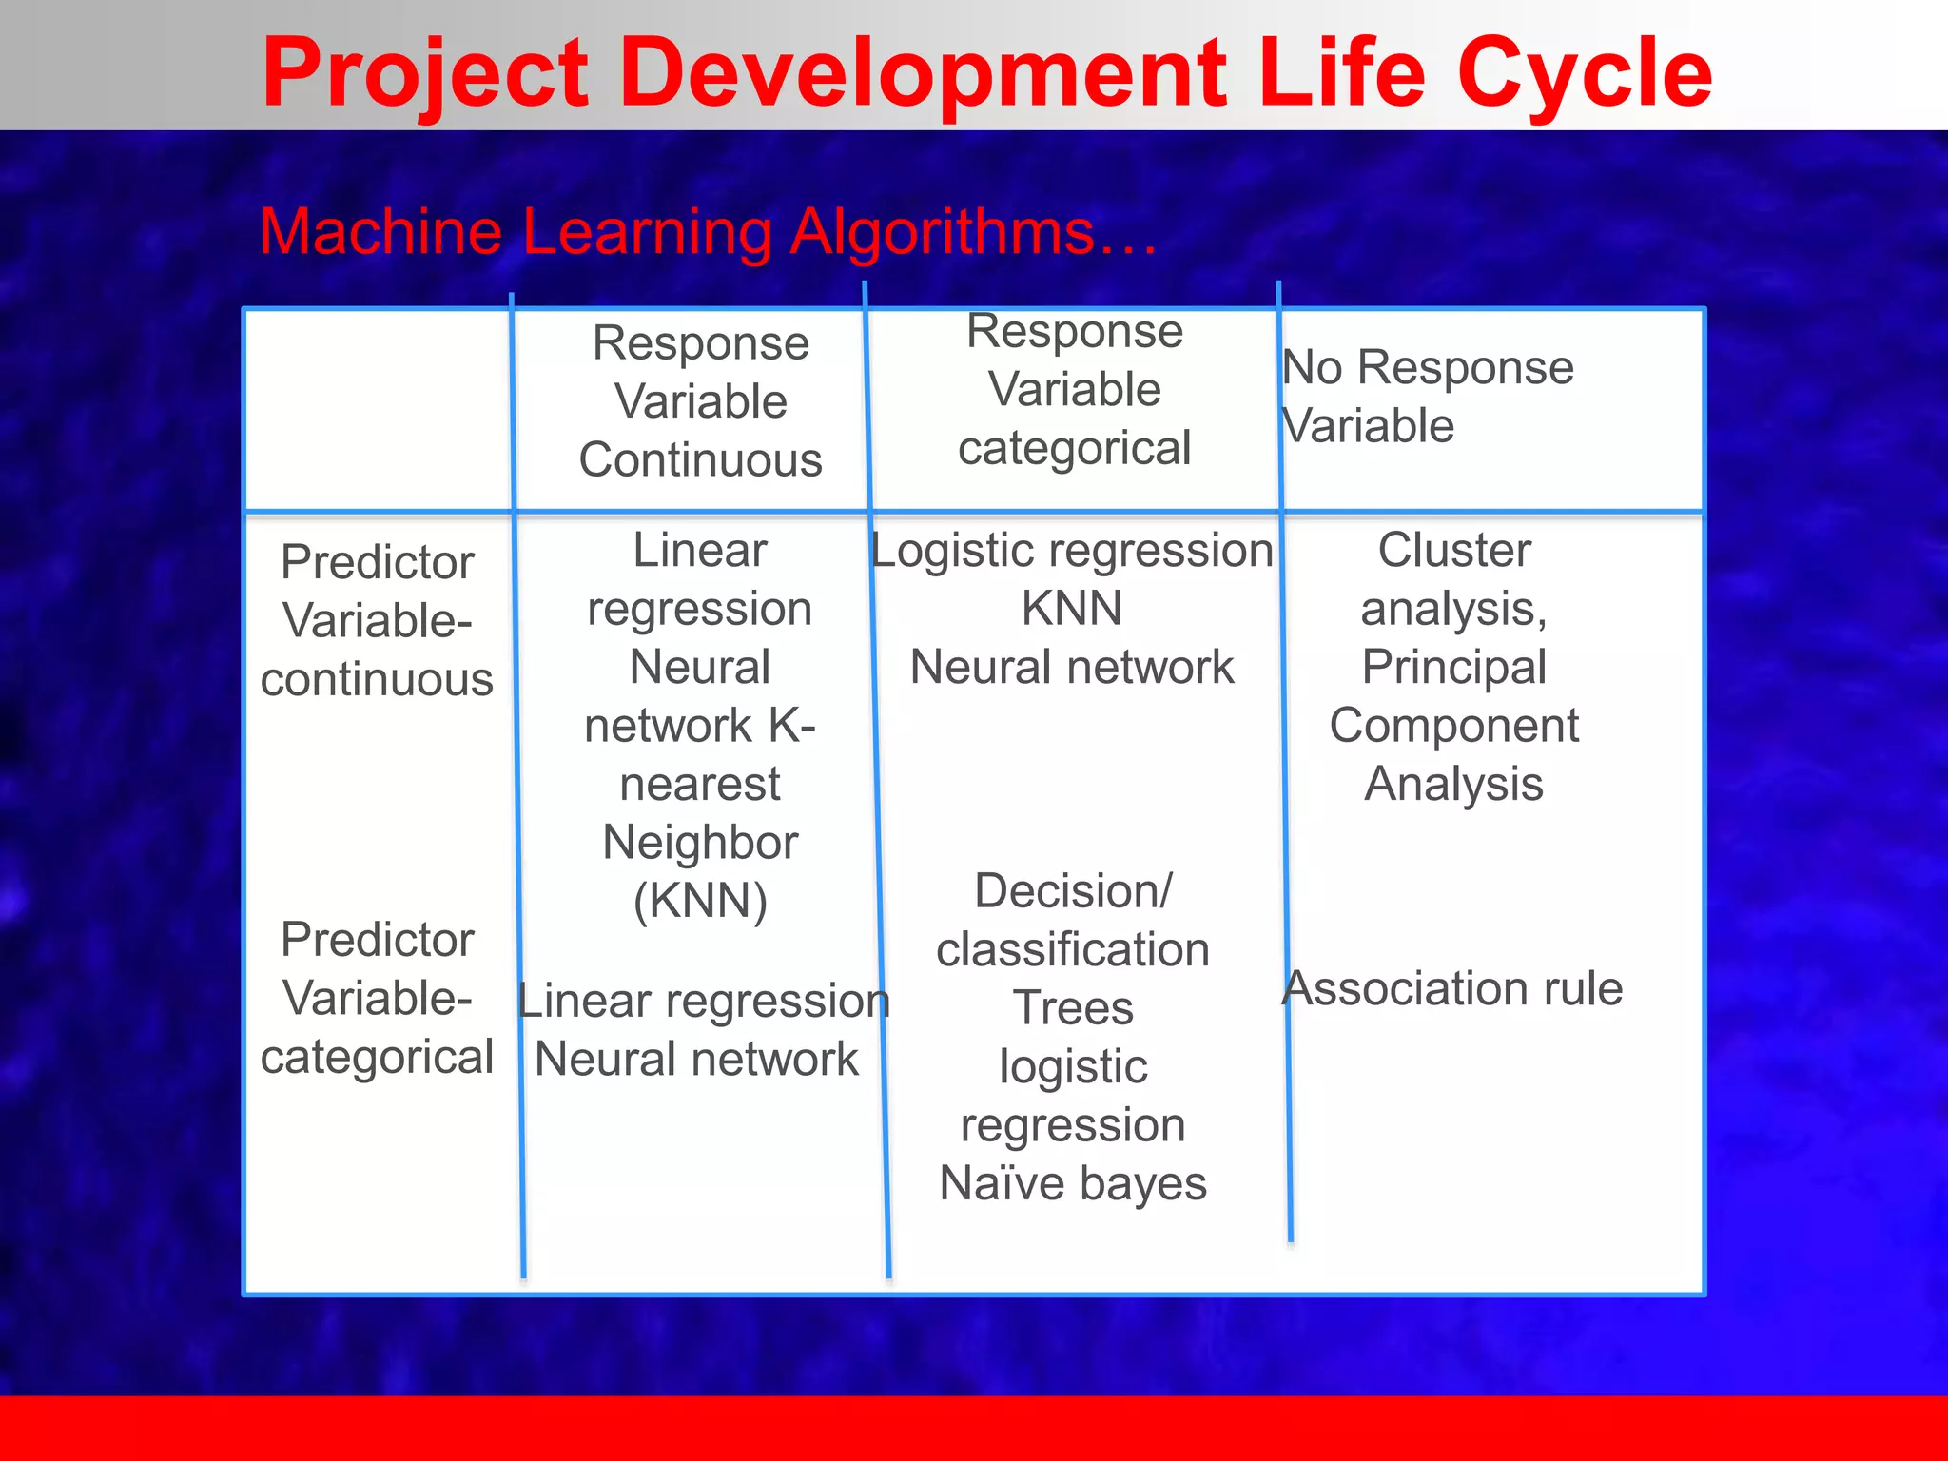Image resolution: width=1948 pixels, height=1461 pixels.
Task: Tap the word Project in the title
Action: click(425, 74)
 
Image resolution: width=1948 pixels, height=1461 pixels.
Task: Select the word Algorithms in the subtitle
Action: click(942, 232)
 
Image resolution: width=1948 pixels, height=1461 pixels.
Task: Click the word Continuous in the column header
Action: click(700, 460)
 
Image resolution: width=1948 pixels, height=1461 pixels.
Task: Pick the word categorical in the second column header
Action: click(1074, 448)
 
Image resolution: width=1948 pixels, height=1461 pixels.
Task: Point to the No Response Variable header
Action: click(1427, 396)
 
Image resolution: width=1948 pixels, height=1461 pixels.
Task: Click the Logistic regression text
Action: click(1072, 551)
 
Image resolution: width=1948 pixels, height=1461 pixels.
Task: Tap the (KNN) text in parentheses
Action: click(700, 901)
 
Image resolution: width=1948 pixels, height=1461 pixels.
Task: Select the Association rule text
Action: click(1452, 988)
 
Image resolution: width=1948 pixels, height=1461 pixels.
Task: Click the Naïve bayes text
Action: click(1073, 1184)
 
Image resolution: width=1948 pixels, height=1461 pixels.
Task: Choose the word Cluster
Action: click(1454, 550)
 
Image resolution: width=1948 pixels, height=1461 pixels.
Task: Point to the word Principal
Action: click(1454, 667)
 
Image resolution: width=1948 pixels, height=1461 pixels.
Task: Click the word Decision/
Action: click(1073, 891)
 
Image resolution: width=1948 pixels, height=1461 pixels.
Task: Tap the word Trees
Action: click(1073, 1008)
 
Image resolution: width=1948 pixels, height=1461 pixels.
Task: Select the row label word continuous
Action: click(377, 680)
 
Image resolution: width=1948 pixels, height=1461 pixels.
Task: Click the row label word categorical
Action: click(377, 1058)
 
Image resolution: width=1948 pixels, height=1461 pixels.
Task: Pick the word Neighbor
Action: click(700, 843)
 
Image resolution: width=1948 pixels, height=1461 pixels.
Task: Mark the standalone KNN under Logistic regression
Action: click(1072, 609)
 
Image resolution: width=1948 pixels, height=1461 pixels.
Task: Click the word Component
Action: click(1454, 726)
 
